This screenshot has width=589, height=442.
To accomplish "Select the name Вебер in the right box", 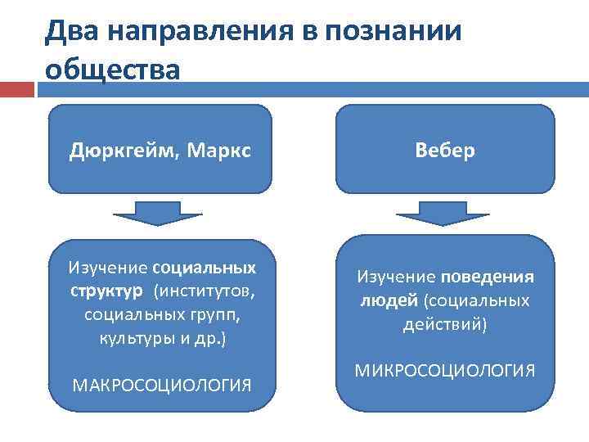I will (x=445, y=151).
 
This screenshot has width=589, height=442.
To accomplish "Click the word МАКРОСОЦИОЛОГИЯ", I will (x=162, y=385).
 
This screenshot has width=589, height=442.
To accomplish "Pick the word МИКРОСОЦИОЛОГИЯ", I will (x=445, y=370).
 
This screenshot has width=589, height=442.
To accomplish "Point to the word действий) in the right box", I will (x=445, y=324).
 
